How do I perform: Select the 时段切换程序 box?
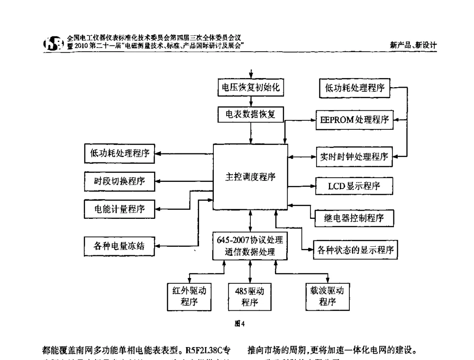pyautogui.click(x=119, y=181)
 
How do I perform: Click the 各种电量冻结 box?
pyautogui.click(x=119, y=245)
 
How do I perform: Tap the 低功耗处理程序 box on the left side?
pyautogui.click(x=119, y=153)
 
